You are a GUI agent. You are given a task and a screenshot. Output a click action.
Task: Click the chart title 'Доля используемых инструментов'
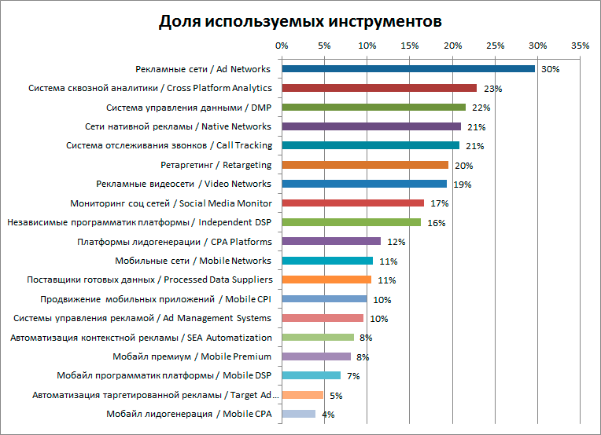click(x=300, y=20)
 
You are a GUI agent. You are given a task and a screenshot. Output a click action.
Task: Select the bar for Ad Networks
click(x=408, y=69)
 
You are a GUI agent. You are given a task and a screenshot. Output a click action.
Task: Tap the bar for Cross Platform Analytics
click(x=379, y=88)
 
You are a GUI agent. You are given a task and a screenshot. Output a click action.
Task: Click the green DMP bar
click(x=374, y=108)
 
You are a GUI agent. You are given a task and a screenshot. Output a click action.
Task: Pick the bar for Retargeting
click(x=365, y=165)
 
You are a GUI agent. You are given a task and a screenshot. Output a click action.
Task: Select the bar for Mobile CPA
click(x=298, y=414)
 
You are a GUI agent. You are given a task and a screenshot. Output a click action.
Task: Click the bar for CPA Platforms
click(x=331, y=242)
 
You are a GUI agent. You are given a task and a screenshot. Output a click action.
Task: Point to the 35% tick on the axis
click(x=580, y=46)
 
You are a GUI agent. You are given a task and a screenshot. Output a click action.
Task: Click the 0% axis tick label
click(x=282, y=46)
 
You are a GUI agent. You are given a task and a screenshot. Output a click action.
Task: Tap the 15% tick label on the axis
click(x=410, y=46)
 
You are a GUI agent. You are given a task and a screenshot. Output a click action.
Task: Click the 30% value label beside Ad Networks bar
click(x=550, y=70)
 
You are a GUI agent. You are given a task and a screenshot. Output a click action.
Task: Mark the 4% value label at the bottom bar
click(x=328, y=415)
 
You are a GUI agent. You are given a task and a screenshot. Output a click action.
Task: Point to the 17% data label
click(x=439, y=204)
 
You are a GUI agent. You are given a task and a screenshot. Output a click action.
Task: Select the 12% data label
click(x=395, y=243)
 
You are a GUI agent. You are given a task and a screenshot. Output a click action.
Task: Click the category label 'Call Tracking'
click(x=169, y=145)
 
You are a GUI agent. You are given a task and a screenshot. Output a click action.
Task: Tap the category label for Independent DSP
click(x=139, y=222)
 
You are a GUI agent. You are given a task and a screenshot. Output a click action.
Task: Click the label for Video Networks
click(x=183, y=184)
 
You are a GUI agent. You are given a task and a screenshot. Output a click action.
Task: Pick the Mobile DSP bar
click(x=311, y=375)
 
